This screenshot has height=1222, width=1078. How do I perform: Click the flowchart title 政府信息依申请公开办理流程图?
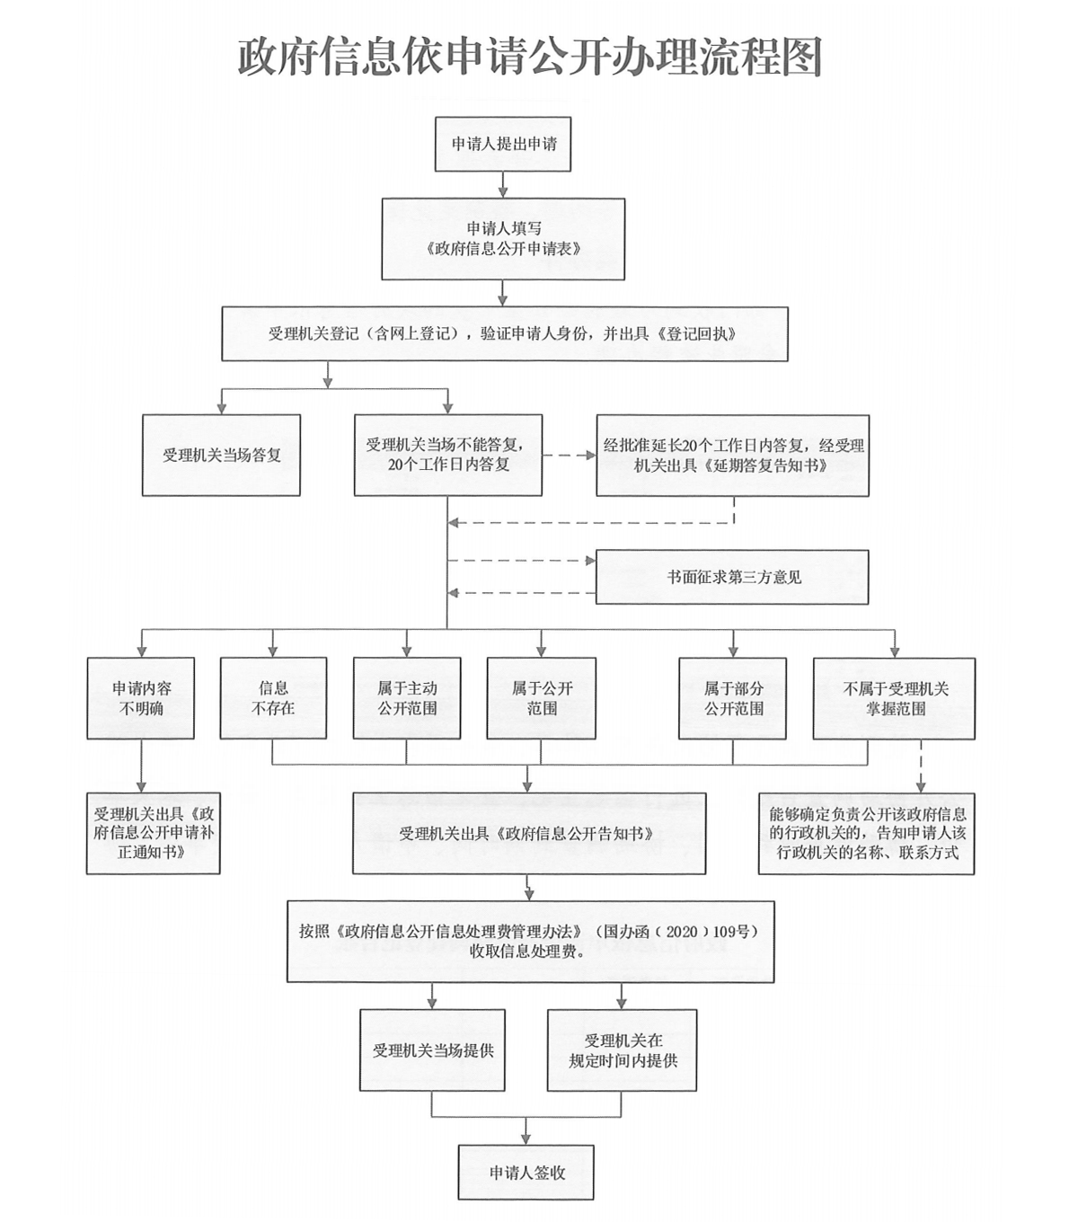529,58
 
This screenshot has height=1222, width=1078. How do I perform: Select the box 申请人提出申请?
503,144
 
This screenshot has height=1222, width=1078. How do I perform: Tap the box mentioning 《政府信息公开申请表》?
503,239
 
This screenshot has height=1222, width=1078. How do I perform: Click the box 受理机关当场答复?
221,456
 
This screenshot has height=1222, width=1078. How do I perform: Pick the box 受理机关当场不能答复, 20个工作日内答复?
447,456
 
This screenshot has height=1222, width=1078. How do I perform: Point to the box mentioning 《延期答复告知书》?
733,456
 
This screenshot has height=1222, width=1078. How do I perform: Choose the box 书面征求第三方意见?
732,577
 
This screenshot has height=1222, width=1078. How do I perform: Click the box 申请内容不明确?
140,698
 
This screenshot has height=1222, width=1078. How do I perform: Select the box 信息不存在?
273,698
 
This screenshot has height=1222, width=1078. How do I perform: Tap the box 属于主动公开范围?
407,698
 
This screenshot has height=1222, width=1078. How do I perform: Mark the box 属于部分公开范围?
732,698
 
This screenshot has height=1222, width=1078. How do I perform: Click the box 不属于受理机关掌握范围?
894,698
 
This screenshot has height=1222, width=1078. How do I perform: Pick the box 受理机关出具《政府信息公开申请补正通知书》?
154,834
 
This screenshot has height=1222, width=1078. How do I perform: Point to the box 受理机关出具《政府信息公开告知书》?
529,834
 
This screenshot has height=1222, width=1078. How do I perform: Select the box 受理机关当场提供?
432,1050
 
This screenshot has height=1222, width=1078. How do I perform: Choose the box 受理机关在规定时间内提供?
622,1050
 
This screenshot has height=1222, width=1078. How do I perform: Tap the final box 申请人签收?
526,1173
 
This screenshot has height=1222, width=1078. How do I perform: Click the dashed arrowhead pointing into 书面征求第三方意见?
591,561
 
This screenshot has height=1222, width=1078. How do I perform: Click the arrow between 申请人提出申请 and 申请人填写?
503,184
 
